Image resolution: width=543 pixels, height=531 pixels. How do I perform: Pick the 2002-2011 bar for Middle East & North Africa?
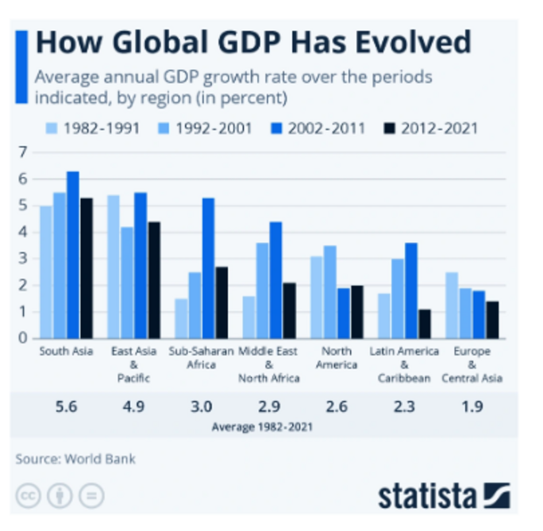(275, 280)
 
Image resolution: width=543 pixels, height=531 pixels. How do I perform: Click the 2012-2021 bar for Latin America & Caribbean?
(424, 324)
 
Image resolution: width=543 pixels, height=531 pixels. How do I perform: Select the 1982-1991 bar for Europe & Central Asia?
(451, 306)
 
